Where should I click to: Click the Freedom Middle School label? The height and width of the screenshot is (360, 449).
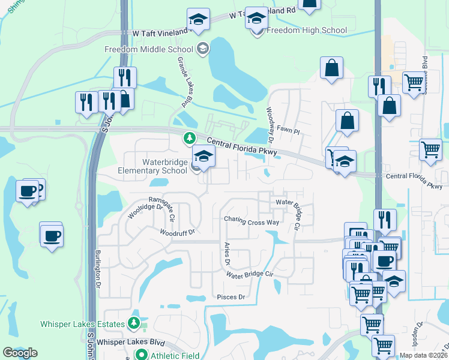pyautogui.click(x=152, y=49)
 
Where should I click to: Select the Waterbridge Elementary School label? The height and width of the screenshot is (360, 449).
pyautogui.click(x=164, y=166)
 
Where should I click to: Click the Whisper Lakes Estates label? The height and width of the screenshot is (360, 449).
pyautogui.click(x=83, y=325)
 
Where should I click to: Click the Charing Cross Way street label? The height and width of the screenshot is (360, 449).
pyautogui.click(x=252, y=222)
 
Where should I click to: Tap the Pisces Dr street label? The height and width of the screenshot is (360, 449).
pyautogui.click(x=231, y=297)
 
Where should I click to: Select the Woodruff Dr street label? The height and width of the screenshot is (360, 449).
pyautogui.click(x=178, y=232)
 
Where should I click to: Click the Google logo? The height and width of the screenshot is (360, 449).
pyautogui.click(x=20, y=353)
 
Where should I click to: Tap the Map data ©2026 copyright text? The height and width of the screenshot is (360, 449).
pyautogui.click(x=424, y=355)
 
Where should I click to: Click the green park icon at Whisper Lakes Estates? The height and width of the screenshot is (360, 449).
pyautogui.click(x=134, y=324)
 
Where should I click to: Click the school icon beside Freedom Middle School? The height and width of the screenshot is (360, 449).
pyautogui.click(x=203, y=48)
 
